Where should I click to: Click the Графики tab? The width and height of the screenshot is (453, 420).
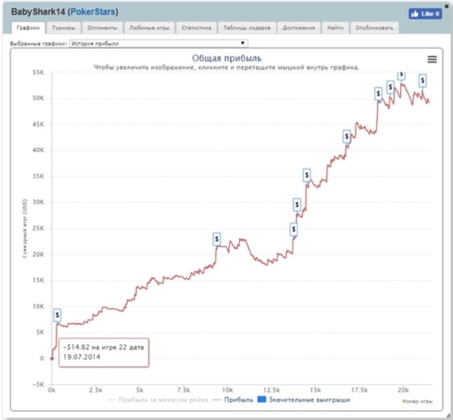pyautogui.click(x=28, y=28)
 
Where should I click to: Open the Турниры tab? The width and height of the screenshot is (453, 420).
pyautogui.click(x=63, y=28)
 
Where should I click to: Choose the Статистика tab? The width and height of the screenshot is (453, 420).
pyautogui.click(x=196, y=28)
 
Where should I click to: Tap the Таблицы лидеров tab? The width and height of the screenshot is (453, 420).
pyautogui.click(x=247, y=28)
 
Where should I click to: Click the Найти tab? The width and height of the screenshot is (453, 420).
pyautogui.click(x=335, y=28)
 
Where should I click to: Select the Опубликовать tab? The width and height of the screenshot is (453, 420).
pyautogui.click(x=374, y=28)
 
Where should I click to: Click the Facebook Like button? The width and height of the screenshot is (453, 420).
pyautogui.click(x=425, y=13)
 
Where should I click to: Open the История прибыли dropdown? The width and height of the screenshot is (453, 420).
pyautogui.click(x=158, y=43)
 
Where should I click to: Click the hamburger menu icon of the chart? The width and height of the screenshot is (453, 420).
pyautogui.click(x=432, y=59)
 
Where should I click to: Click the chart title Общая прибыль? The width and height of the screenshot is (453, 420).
pyautogui.click(x=226, y=59)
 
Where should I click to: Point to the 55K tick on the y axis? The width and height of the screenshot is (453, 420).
pyautogui.click(x=38, y=73)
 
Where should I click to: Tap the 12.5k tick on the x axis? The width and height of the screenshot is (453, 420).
pyautogui.click(x=272, y=389)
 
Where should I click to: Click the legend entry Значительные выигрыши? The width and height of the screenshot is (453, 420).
pyautogui.click(x=305, y=400)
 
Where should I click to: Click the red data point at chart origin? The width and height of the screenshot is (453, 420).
pyautogui.click(x=52, y=359)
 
